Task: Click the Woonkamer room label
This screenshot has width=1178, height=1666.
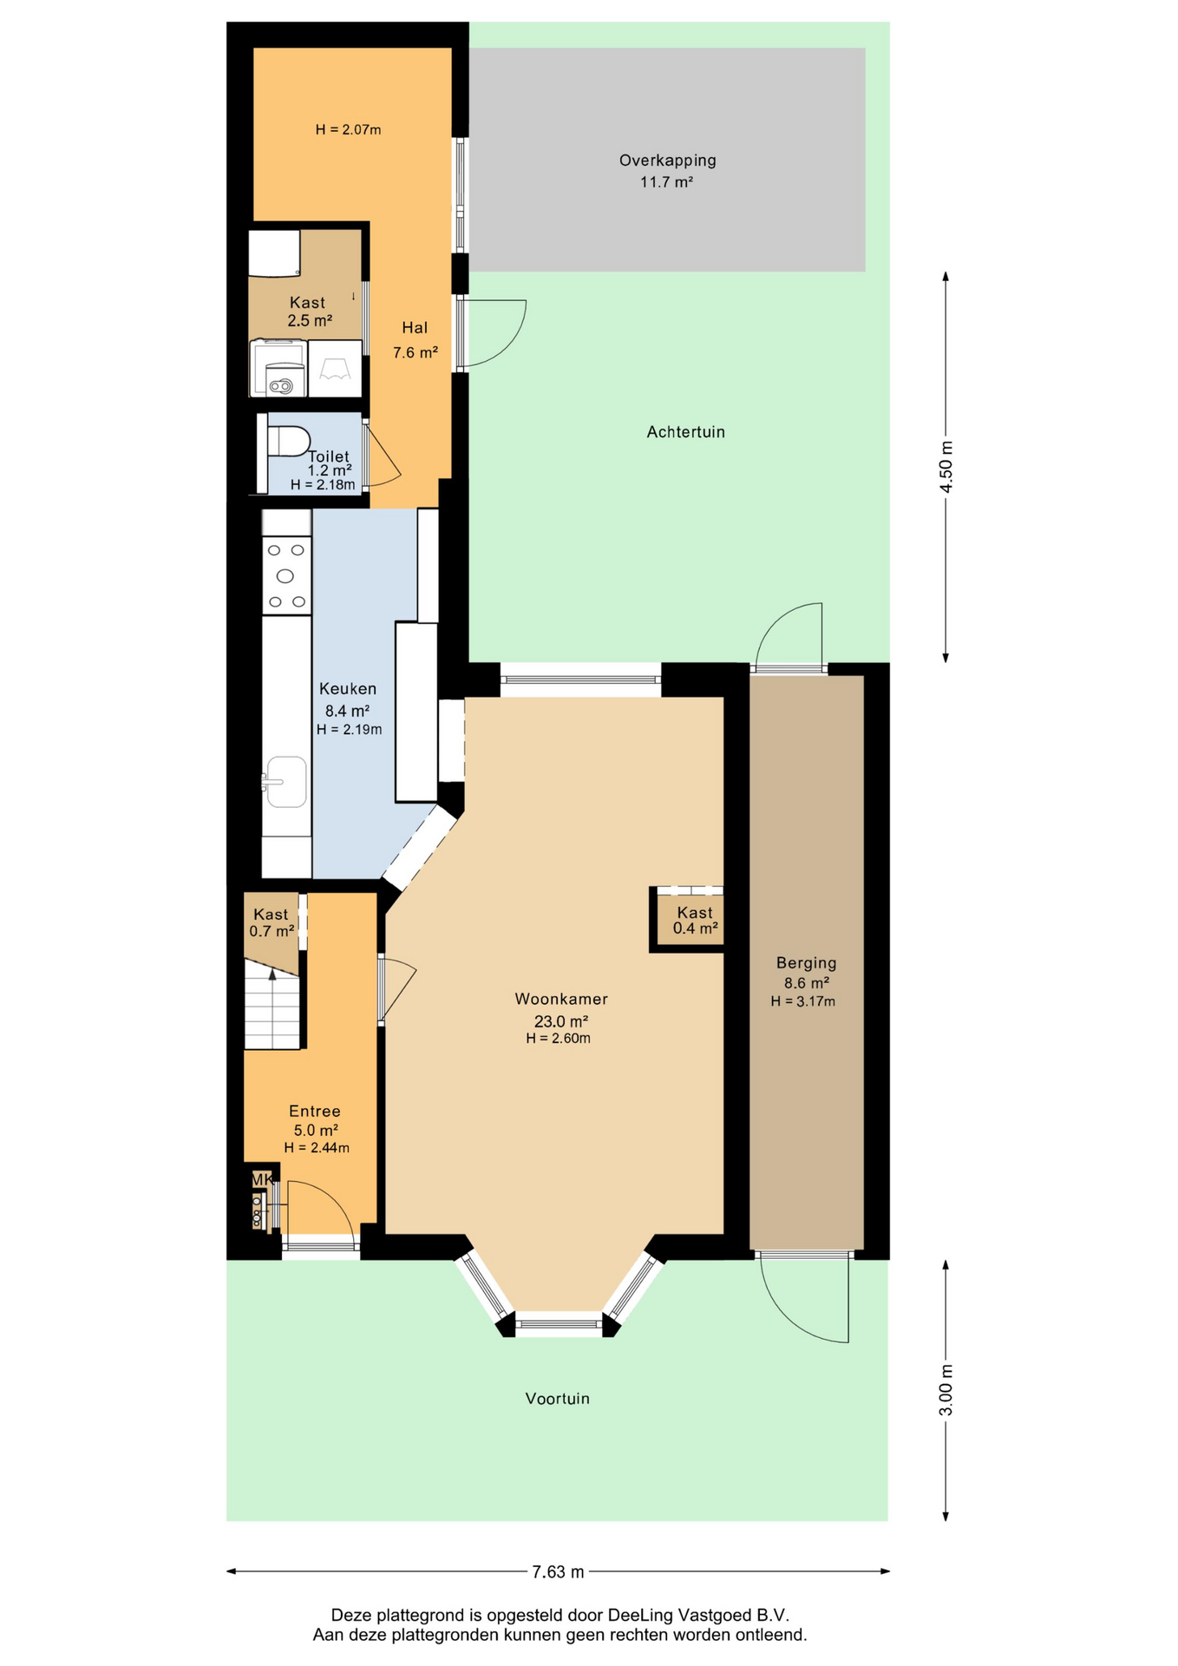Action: point(561,999)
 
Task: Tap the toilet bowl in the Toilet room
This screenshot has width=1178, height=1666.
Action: point(288,441)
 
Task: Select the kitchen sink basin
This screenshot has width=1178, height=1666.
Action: point(285,781)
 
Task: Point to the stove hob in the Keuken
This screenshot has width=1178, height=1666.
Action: point(286,575)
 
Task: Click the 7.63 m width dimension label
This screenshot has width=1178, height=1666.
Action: point(558,1571)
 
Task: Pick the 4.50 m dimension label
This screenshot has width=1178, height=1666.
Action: point(946,467)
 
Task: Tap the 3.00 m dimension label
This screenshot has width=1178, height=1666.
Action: point(946,1389)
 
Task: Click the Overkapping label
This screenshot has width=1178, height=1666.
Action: point(667,161)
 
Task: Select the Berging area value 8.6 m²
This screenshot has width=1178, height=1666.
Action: point(807,983)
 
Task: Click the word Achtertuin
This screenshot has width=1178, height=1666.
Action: point(685,432)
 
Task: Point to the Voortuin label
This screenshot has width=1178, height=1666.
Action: point(557,1399)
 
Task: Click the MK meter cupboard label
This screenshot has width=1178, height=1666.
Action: point(261,1179)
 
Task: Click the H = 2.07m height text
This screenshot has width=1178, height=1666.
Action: point(348,130)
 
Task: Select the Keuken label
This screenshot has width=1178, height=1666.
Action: point(348,689)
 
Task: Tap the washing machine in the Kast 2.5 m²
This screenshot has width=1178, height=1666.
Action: point(278,368)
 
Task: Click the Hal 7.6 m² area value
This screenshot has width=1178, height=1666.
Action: point(415,353)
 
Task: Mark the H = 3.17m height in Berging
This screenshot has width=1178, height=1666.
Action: point(803,1001)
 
